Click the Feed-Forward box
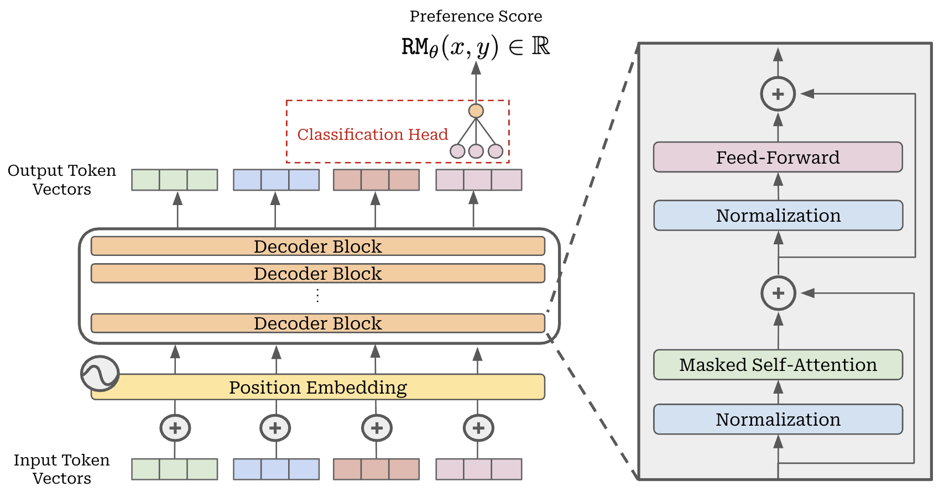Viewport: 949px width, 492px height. tap(778, 158)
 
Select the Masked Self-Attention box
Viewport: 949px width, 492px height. tap(778, 365)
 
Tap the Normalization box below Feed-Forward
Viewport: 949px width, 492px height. tap(778, 216)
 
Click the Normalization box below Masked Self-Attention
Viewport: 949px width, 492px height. tap(778, 420)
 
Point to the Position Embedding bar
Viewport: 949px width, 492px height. tap(318, 388)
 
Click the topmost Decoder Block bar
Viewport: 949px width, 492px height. tap(318, 247)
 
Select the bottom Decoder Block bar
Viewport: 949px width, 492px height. tap(318, 323)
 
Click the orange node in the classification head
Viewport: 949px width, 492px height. tap(476, 111)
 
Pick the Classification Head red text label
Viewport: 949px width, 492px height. tap(372, 134)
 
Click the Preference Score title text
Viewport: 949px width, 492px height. tap(476, 17)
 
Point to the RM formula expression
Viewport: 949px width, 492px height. tap(476, 47)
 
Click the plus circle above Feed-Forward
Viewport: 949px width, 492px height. tap(778, 94)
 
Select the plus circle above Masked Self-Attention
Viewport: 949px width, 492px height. tap(778, 293)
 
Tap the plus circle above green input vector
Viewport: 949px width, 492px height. tap(175, 428)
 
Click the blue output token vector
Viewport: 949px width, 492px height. tap(276, 180)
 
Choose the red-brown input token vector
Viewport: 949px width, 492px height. tap(376, 469)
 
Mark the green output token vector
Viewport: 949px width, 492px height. tap(174, 180)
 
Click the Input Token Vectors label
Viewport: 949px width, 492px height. tap(61, 469)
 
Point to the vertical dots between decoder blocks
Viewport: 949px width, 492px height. tap(317, 296)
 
